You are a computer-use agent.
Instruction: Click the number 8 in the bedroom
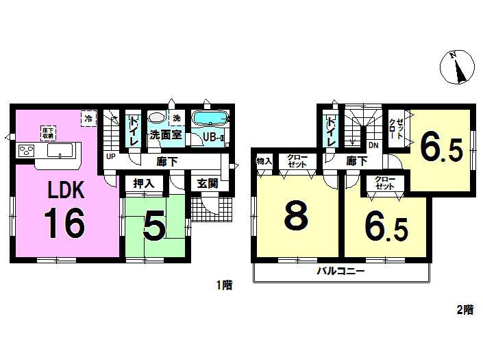(296, 217)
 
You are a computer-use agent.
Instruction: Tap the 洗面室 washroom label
(166, 135)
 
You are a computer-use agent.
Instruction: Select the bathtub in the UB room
(210, 119)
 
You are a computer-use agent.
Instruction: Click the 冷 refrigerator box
(88, 119)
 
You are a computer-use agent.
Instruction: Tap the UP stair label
(110, 156)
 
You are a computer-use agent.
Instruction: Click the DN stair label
(373, 145)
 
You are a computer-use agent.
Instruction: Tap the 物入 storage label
(264, 161)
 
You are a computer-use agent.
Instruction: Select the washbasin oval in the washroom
(157, 118)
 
